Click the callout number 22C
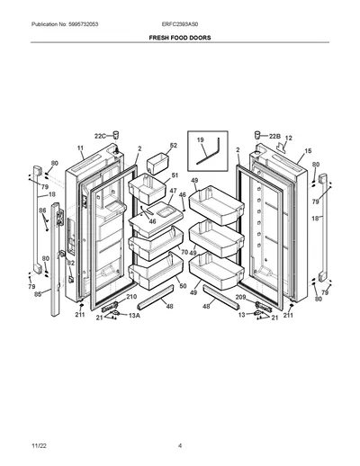[100, 136]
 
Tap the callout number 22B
[274, 136]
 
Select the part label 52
[174, 146]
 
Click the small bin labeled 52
[157, 163]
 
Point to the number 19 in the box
[201, 139]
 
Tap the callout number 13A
[134, 316]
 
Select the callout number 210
[131, 297]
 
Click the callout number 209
[240, 297]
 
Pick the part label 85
[38, 294]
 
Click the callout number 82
[70, 263]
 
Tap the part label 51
[175, 175]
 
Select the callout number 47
[173, 191]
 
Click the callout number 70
[184, 252]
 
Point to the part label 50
[183, 286]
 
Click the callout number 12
[288, 139]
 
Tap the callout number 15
[308, 151]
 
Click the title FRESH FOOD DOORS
[180, 38]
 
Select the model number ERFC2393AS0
[180, 24]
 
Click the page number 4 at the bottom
[180, 445]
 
